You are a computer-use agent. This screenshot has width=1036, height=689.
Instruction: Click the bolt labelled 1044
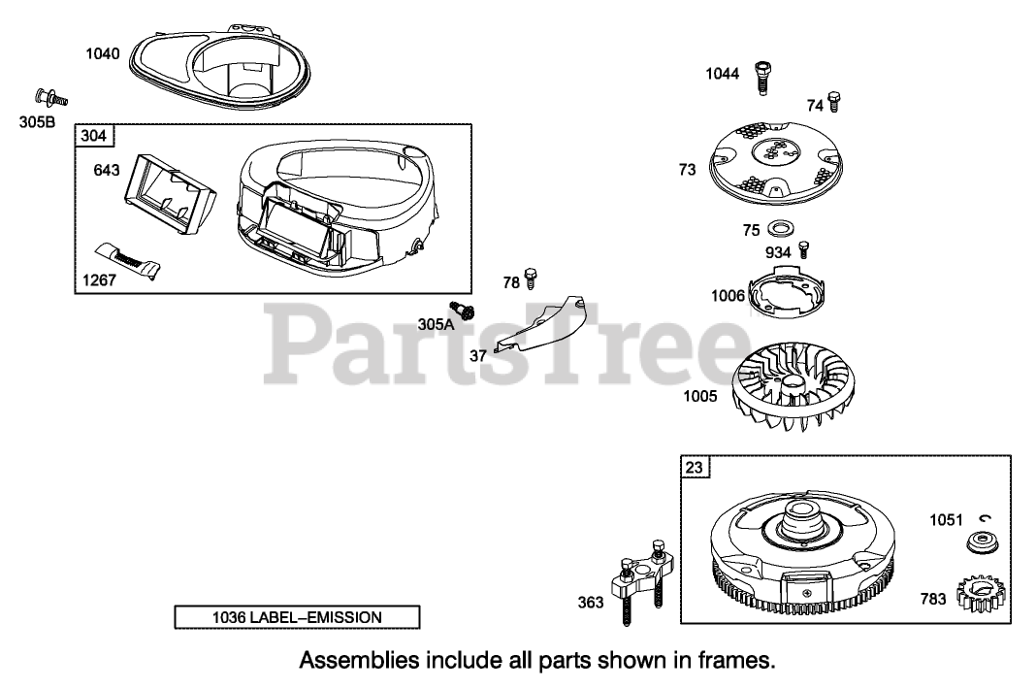[x=762, y=76]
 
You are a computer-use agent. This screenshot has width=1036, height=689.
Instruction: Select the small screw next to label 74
[x=834, y=101]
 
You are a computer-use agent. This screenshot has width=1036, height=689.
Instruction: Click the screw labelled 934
[x=803, y=249]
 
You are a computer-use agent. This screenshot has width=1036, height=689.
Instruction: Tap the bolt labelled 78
[x=530, y=279]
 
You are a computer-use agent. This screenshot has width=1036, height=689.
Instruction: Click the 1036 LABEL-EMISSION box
[x=297, y=617]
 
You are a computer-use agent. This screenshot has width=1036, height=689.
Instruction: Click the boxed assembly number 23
[x=695, y=468]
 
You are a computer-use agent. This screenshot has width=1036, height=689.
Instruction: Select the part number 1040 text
[x=103, y=53]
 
